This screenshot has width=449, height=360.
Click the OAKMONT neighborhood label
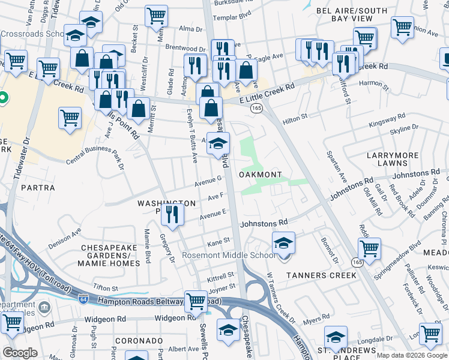coord(261,175)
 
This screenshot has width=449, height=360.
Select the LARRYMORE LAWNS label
coord(393,160)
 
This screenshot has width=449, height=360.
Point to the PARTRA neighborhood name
coord(38,188)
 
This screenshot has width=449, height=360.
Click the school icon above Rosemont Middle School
coord(284,243)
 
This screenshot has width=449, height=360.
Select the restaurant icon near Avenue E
coord(173,215)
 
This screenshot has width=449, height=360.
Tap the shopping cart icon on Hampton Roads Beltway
coord(196,302)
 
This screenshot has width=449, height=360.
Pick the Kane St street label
coord(218,241)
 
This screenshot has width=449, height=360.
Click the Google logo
coord(20,353)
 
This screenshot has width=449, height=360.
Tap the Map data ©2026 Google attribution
coord(411,355)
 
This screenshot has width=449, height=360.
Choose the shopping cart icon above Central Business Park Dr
coord(70,118)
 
